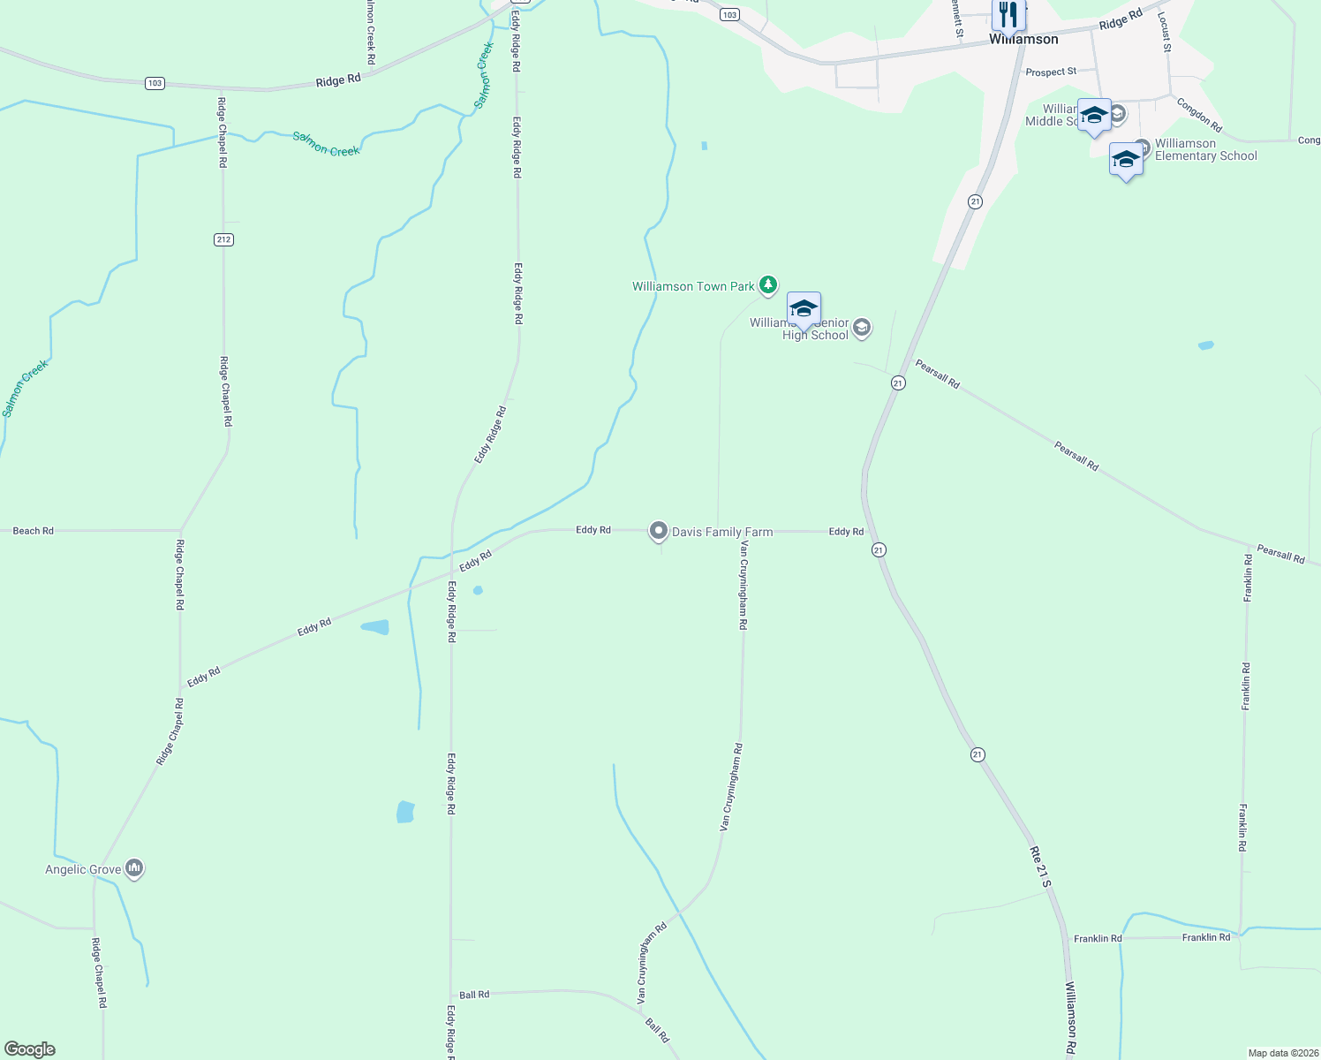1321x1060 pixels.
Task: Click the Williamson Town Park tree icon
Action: click(769, 284)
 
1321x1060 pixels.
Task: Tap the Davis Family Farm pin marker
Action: click(658, 530)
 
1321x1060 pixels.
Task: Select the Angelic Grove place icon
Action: click(134, 868)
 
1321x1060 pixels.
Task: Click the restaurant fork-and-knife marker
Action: click(1008, 15)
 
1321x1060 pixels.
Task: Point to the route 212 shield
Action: click(223, 239)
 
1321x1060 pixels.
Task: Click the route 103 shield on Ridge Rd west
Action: click(155, 83)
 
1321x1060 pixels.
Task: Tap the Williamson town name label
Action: click(1023, 40)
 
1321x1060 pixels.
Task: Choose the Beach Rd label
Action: click(34, 531)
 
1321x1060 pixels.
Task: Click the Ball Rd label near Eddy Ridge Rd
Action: click(474, 995)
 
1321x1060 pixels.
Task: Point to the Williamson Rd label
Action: click(1070, 1018)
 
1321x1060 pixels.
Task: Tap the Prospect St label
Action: click(1051, 72)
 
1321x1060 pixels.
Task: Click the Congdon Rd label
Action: click(1199, 115)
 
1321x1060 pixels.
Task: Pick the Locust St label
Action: click(1165, 33)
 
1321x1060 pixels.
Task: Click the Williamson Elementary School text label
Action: click(1205, 149)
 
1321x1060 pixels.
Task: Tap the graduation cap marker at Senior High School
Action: click(804, 309)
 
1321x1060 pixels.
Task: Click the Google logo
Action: click(30, 1049)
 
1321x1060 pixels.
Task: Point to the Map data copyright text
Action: click(1283, 1053)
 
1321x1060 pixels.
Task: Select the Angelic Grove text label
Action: click(83, 870)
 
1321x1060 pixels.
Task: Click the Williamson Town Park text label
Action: click(693, 286)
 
